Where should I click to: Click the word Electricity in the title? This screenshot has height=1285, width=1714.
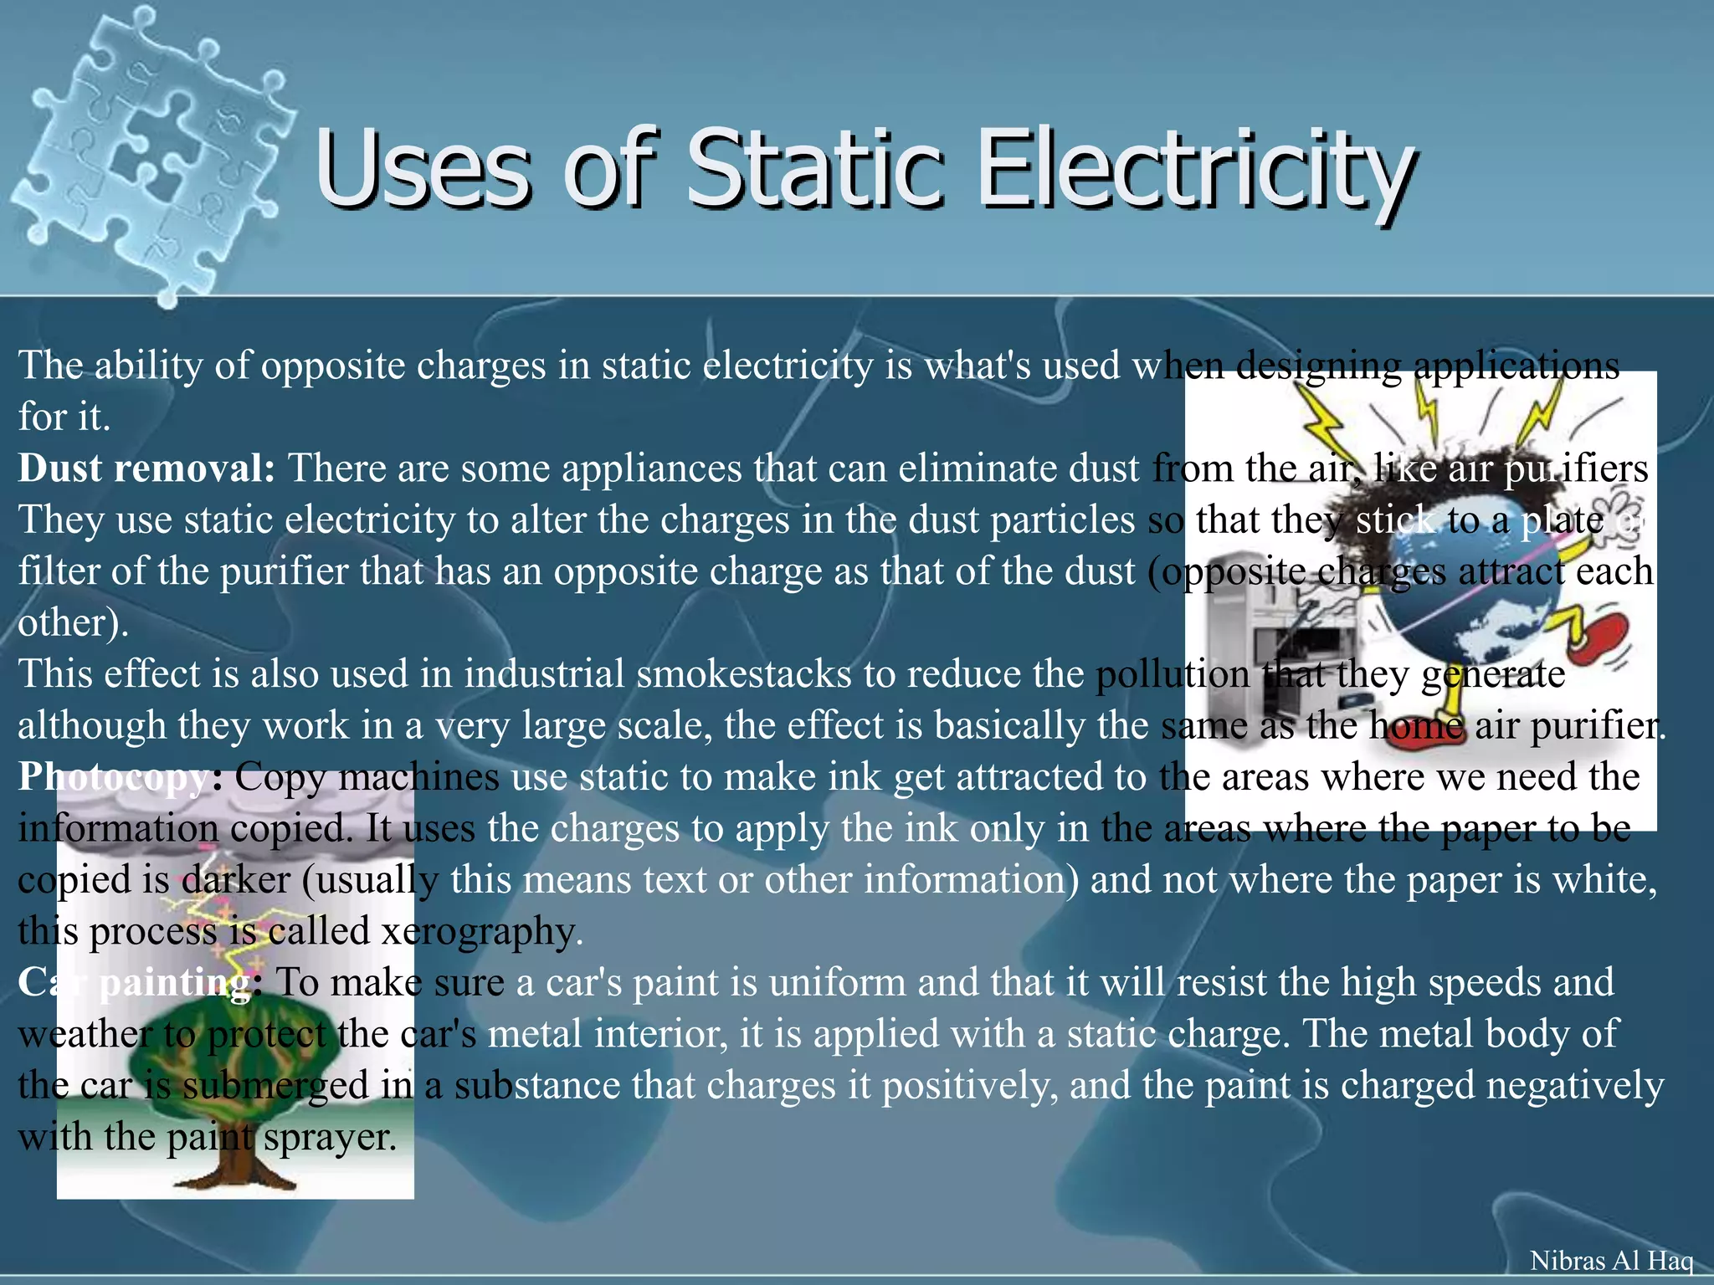(x=1197, y=172)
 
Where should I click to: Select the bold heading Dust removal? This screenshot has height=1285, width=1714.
(x=146, y=468)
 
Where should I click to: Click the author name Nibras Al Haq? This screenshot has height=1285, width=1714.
(x=1611, y=1260)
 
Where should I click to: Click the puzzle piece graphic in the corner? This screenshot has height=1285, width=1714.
(x=151, y=151)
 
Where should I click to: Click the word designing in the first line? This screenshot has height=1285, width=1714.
(x=1318, y=366)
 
